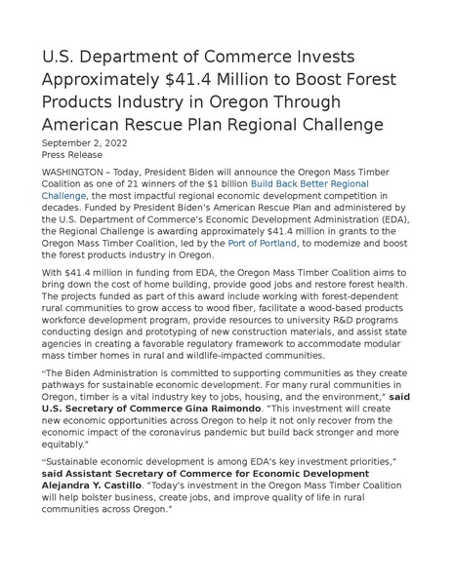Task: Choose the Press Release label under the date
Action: click(71, 154)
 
